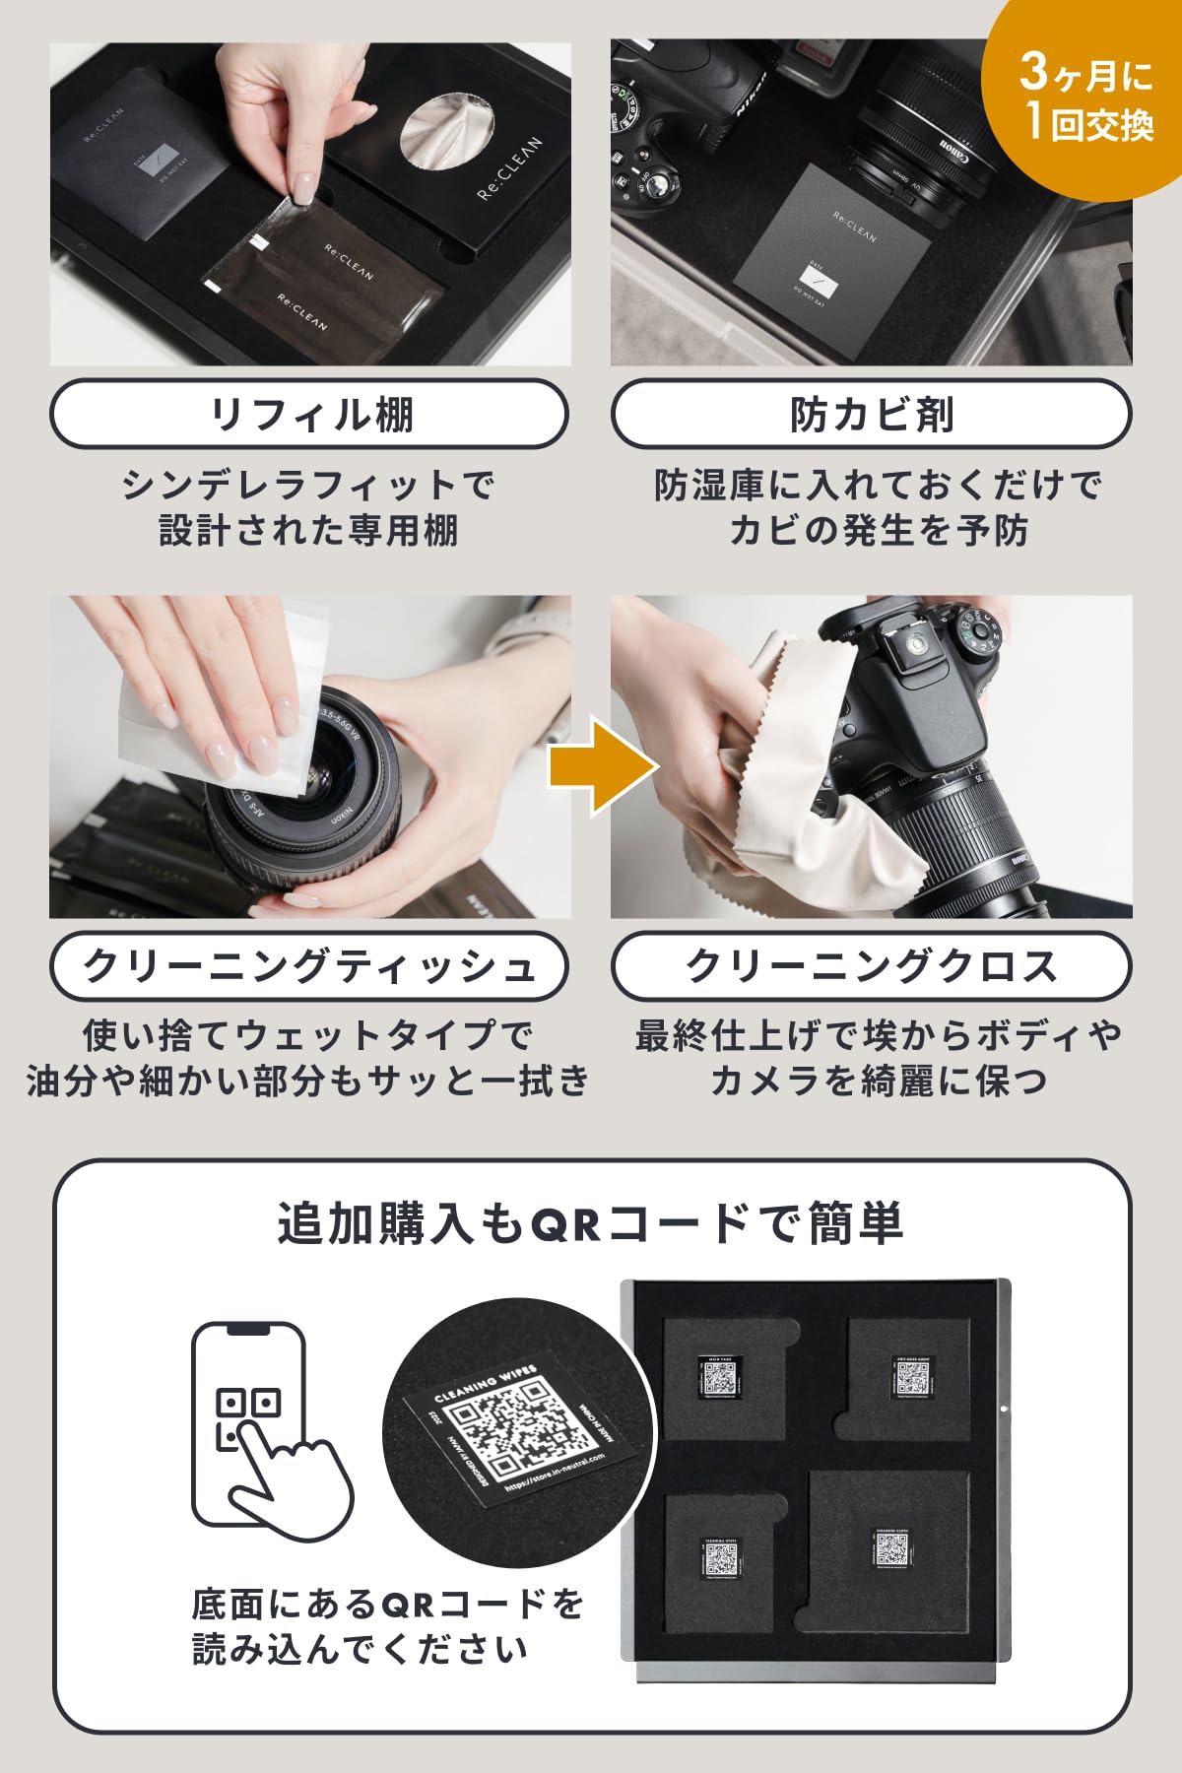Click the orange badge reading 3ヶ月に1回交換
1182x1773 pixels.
1083,98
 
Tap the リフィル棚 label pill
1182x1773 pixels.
309,415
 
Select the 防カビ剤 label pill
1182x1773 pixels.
872,415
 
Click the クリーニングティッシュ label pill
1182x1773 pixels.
309,966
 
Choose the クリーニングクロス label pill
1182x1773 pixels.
872,966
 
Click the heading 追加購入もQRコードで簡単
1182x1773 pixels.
591,1224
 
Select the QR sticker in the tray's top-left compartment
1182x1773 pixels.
721,1376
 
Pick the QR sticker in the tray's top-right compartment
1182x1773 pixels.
913,1376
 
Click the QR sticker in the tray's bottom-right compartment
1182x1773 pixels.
892,1548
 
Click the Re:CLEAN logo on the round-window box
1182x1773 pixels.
510,168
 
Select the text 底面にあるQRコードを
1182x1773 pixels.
388,1605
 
